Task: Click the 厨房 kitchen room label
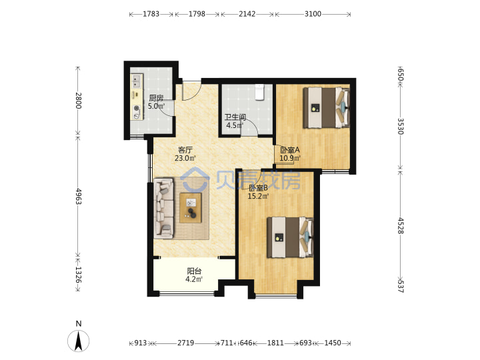(x=156, y=98)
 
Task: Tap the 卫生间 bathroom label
(x=235, y=117)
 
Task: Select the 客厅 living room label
(x=185, y=150)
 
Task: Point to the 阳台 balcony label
(x=194, y=271)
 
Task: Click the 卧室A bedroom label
(x=289, y=150)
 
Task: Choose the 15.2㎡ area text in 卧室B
(x=258, y=196)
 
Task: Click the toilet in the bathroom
(x=259, y=92)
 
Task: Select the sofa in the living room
(x=164, y=209)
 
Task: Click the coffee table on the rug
(x=191, y=208)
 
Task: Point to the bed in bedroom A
(x=326, y=107)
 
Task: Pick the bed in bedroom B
(x=291, y=237)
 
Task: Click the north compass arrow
(x=79, y=341)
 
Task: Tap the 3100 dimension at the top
(x=313, y=14)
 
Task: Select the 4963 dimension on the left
(x=79, y=196)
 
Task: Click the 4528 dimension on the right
(x=401, y=225)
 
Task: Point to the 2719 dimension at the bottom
(x=186, y=343)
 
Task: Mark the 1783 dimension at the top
(x=151, y=14)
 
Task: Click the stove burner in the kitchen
(x=137, y=108)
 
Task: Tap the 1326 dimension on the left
(x=79, y=275)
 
